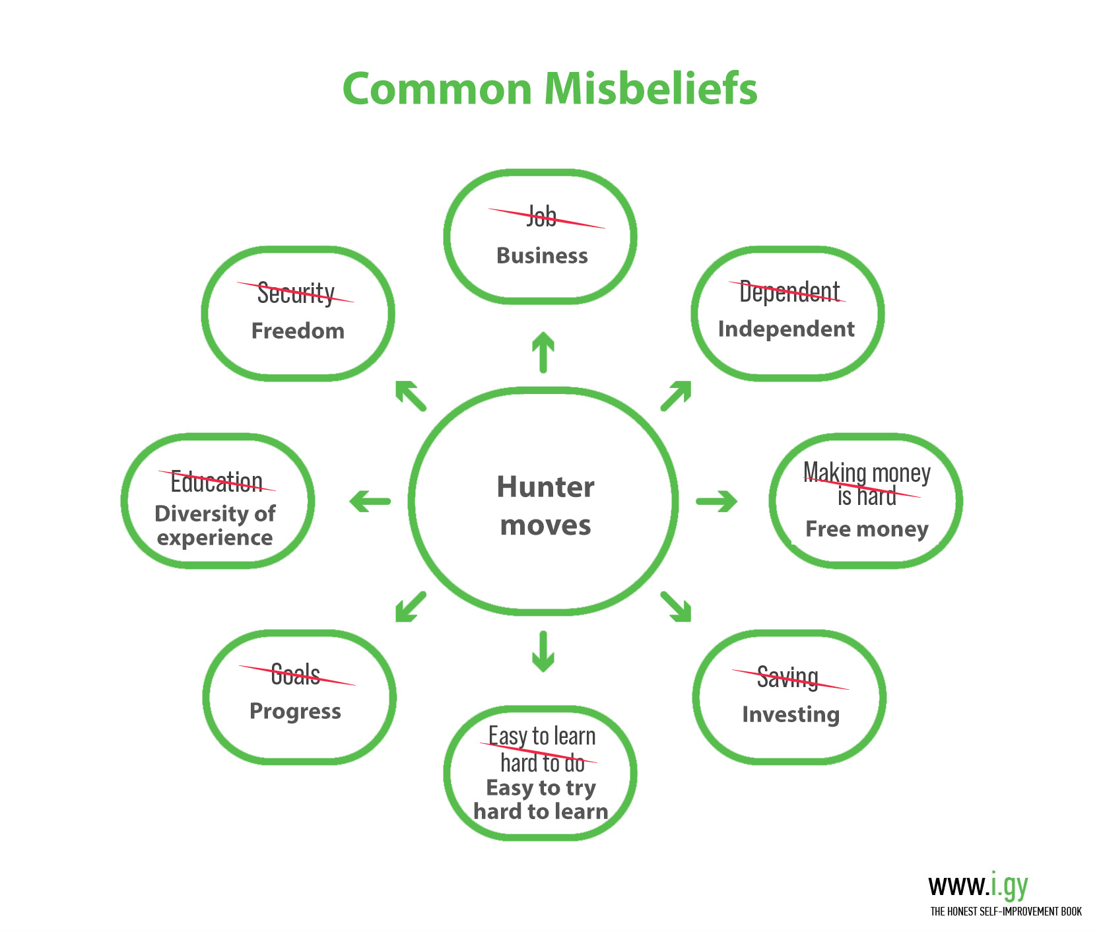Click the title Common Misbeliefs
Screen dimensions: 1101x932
click(x=550, y=88)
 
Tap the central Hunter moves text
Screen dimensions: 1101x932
click(x=546, y=506)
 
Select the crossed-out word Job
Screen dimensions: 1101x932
click(x=542, y=216)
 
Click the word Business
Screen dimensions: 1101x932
click(x=542, y=255)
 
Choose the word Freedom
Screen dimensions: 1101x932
click(x=298, y=331)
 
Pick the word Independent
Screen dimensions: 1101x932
click(x=786, y=329)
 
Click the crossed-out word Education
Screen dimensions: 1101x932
click(x=217, y=482)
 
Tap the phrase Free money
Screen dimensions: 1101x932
click(x=867, y=529)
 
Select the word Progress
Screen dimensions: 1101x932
click(x=295, y=711)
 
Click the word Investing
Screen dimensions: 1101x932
click(x=791, y=714)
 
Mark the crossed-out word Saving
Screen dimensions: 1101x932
click(x=787, y=678)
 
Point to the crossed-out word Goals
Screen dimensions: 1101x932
click(x=295, y=675)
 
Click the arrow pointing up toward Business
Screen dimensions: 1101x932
click(x=543, y=352)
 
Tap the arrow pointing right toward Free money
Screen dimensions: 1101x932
click(x=717, y=501)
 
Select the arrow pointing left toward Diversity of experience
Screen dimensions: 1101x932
click(x=370, y=501)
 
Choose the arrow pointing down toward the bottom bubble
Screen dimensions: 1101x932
click(x=543, y=651)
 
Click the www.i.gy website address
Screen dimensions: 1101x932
click(x=978, y=885)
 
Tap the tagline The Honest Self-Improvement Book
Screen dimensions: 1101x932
click(x=1006, y=912)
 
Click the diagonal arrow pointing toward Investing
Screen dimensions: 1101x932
click(x=676, y=607)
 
